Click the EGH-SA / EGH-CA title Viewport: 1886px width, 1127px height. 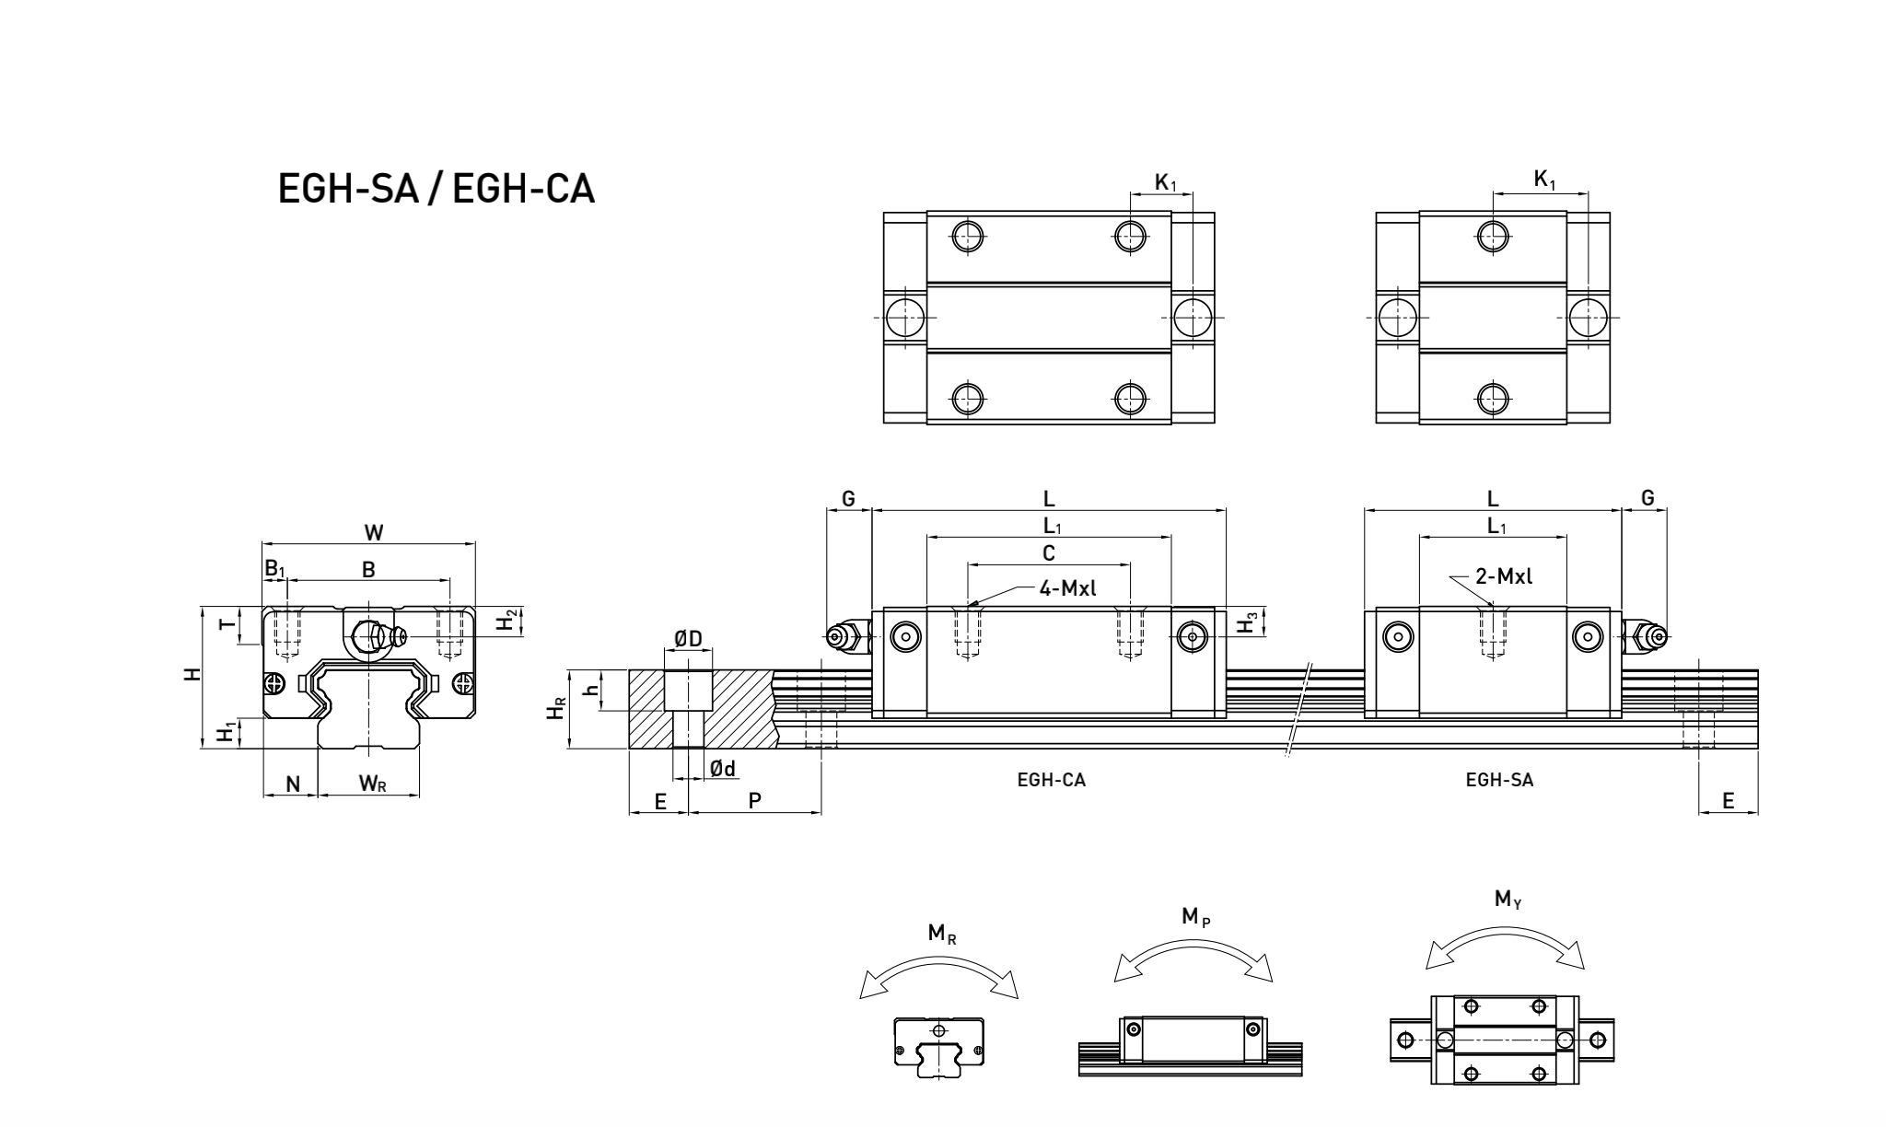point(437,189)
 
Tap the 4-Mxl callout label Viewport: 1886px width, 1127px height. point(1067,587)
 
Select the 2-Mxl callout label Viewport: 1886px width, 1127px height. point(1504,576)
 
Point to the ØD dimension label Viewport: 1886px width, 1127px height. point(688,639)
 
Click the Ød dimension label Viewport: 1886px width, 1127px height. point(723,768)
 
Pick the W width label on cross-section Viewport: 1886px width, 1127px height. point(373,532)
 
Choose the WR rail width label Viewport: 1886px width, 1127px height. point(372,784)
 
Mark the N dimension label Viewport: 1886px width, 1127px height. point(293,784)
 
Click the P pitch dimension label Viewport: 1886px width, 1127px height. point(754,801)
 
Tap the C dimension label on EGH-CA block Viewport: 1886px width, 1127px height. point(1048,552)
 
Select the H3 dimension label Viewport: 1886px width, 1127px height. point(1247,622)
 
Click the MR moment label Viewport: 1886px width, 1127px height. point(941,934)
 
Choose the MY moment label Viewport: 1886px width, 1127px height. point(1508,899)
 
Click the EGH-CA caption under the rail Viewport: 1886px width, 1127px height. point(1051,780)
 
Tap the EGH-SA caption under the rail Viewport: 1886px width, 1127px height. point(1499,780)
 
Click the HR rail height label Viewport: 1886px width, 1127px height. point(555,709)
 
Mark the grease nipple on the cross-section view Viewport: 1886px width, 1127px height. point(378,635)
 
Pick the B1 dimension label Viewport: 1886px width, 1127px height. point(274,568)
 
